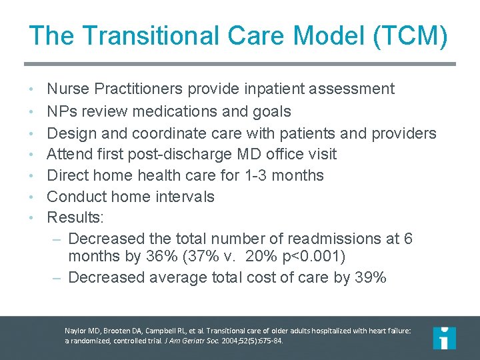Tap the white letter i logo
click(x=444, y=337)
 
